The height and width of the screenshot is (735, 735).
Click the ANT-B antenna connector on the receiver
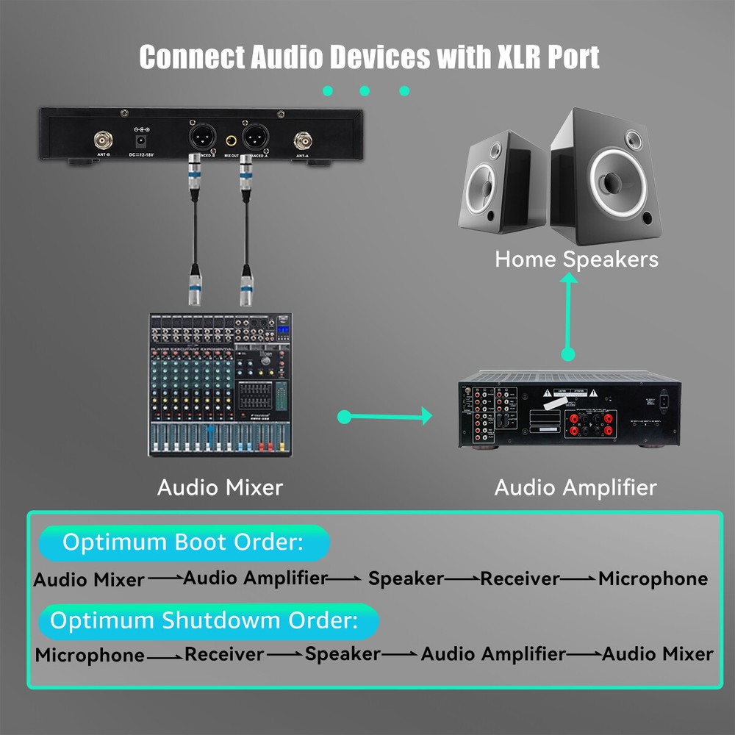point(102,139)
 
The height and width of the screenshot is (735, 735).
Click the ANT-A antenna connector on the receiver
point(302,140)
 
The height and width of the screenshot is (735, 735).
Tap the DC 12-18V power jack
point(138,139)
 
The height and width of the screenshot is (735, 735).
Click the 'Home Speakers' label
point(576,259)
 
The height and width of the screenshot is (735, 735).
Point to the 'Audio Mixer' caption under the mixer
point(220,487)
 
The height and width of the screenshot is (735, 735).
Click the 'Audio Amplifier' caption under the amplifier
point(576,487)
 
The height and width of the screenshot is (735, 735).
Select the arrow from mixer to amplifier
point(385,417)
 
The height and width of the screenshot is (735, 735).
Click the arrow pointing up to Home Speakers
point(567,316)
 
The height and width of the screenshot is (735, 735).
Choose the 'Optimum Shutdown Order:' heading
point(204,620)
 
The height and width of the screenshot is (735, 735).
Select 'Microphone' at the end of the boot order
point(653,579)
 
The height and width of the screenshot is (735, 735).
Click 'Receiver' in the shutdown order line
point(224,653)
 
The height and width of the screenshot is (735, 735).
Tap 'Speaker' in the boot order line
point(406,578)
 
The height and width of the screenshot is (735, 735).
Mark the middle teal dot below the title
point(365,91)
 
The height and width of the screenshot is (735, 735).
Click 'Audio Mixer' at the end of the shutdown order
point(657,653)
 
